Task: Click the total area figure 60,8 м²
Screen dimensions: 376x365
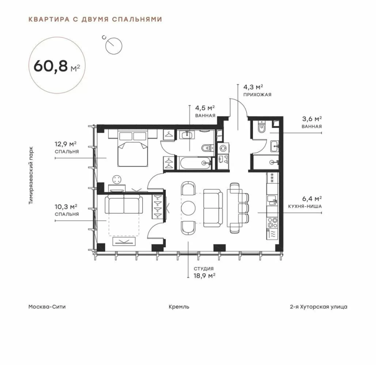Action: tap(57, 66)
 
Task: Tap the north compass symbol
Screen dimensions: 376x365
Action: tap(113, 45)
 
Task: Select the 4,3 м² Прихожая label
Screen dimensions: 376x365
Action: tap(257, 90)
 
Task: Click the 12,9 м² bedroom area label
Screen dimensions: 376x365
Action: tap(67, 148)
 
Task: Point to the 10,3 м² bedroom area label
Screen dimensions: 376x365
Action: tap(67, 210)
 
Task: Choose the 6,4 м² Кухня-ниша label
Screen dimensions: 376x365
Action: tap(305, 202)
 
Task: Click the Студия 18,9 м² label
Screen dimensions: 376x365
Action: tap(204, 272)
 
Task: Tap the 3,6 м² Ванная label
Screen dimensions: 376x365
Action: tap(312, 122)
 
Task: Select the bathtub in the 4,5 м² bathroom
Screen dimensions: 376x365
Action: tap(194, 163)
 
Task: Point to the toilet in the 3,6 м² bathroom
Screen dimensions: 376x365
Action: tap(262, 127)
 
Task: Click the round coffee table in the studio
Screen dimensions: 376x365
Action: tap(188, 208)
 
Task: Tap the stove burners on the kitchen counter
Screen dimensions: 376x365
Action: tap(273, 223)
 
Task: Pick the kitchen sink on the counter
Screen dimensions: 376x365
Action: tap(272, 200)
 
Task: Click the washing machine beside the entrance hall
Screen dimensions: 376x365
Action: tap(223, 148)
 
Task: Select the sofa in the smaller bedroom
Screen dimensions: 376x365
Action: tap(124, 204)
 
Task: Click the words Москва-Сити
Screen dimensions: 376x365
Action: tap(47, 307)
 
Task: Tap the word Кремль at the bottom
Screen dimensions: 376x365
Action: tap(179, 307)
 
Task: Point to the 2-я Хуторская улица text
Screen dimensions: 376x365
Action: tap(319, 307)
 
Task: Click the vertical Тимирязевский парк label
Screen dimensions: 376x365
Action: tap(31, 175)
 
